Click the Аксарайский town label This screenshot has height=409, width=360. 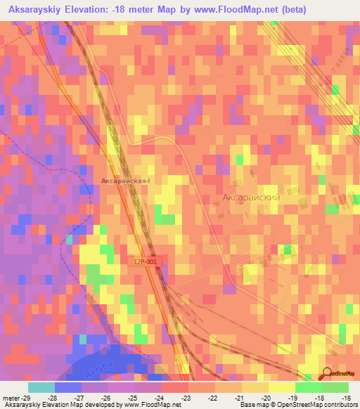251,198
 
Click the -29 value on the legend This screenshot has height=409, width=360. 28,397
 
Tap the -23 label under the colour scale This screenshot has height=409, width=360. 187,397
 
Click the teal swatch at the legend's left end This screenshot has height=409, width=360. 41,387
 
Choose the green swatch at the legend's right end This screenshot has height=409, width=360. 335,387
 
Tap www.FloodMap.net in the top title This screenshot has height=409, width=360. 253,10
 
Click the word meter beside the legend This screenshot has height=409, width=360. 11,397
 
